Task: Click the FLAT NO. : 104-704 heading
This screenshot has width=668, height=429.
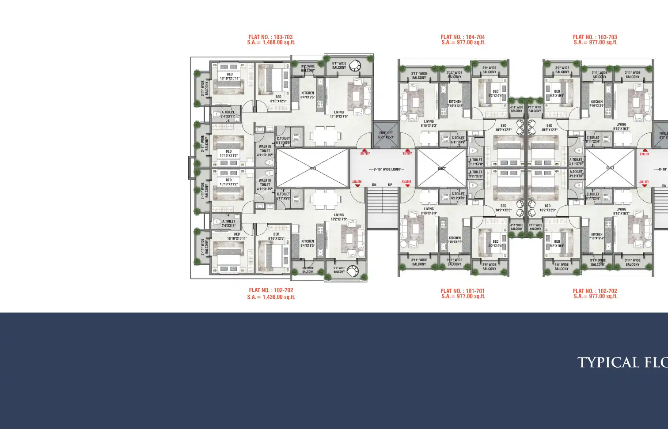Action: pyautogui.click(x=463, y=37)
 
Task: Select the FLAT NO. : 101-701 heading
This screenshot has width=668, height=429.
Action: pyautogui.click(x=463, y=291)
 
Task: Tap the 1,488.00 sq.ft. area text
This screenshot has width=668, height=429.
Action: pyautogui.click(x=279, y=43)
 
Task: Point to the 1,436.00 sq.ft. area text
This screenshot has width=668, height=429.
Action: pyautogui.click(x=279, y=297)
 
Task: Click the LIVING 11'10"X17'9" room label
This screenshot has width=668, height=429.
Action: pyautogui.click(x=339, y=114)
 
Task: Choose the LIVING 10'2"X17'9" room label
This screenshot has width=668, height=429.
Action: pyautogui.click(x=339, y=217)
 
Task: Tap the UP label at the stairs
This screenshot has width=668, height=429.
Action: pyautogui.click(x=390, y=185)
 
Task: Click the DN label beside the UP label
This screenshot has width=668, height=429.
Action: pyautogui.click(x=374, y=185)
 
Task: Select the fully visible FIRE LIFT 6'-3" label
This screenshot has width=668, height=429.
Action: pyautogui.click(x=386, y=135)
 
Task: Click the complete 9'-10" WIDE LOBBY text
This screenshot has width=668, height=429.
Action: pyautogui.click(x=387, y=169)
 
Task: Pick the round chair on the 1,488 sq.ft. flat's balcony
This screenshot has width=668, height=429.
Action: pyautogui.click(x=354, y=66)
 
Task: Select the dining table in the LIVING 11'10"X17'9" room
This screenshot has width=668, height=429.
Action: pyautogui.click(x=325, y=136)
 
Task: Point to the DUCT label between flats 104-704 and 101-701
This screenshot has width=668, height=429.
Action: pyautogui.click(x=442, y=169)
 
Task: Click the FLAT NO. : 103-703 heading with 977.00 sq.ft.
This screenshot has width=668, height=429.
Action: pyautogui.click(x=595, y=37)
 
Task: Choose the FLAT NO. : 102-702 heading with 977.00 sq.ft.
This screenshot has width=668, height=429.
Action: pyautogui.click(x=595, y=291)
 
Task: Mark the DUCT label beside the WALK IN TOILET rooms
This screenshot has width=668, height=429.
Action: pyautogui.click(x=312, y=168)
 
